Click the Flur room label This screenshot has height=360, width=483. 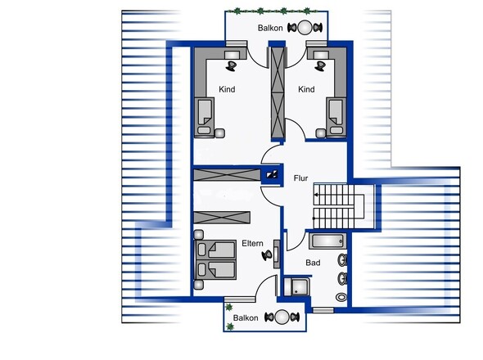[x=300, y=178]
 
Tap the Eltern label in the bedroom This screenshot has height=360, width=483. [x=252, y=243]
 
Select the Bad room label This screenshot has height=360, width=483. [x=313, y=263]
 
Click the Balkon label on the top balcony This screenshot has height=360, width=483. [x=270, y=28]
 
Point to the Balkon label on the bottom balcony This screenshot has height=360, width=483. [x=246, y=317]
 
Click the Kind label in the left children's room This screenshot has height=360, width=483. [x=227, y=89]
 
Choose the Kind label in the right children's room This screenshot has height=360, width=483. [x=306, y=89]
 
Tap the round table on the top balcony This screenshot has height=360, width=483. [x=305, y=27]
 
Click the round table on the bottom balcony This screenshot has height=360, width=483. [x=282, y=317]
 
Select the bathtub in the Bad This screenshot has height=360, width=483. [x=327, y=241]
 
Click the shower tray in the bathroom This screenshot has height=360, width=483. [x=296, y=287]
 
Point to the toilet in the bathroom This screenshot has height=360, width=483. [x=341, y=297]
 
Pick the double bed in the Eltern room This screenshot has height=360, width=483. [x=215, y=260]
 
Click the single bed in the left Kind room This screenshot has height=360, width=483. [x=204, y=117]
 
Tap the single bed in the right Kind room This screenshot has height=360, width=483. [x=336, y=117]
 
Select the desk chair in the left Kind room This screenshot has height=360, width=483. [x=231, y=66]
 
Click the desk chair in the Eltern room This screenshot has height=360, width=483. [x=267, y=255]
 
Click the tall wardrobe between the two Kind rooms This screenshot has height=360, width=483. [x=278, y=93]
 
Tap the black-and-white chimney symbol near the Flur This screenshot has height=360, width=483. [x=272, y=175]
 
